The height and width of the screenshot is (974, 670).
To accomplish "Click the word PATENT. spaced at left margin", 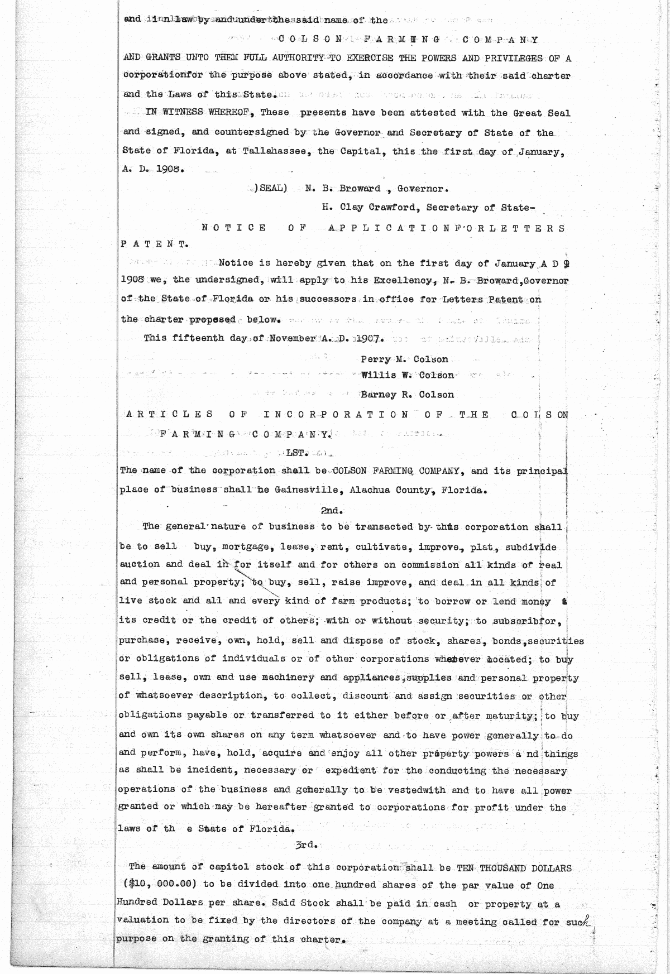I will [x=154, y=244].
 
